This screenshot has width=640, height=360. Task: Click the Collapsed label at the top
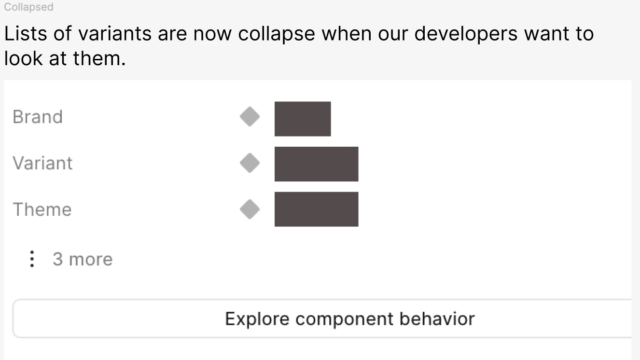click(28, 7)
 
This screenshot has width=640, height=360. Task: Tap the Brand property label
click(38, 117)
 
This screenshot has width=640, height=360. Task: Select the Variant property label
click(42, 163)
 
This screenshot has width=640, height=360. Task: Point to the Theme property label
click(42, 209)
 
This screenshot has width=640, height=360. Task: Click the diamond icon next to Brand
click(250, 117)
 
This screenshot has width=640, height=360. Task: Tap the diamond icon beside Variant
click(250, 163)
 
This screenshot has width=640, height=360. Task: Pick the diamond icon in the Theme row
click(250, 209)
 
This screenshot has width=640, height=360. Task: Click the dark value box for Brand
click(303, 119)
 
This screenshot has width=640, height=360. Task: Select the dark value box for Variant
click(316, 164)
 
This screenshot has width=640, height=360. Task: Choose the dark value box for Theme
click(316, 209)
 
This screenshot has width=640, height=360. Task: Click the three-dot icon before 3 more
click(32, 259)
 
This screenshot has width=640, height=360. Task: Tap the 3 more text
click(83, 259)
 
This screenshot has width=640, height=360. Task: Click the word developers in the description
click(466, 34)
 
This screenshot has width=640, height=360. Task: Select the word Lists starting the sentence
click(26, 34)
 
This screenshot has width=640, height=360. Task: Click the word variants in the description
click(114, 34)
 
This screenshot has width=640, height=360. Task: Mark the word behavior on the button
click(437, 318)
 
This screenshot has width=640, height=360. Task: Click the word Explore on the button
click(257, 319)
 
